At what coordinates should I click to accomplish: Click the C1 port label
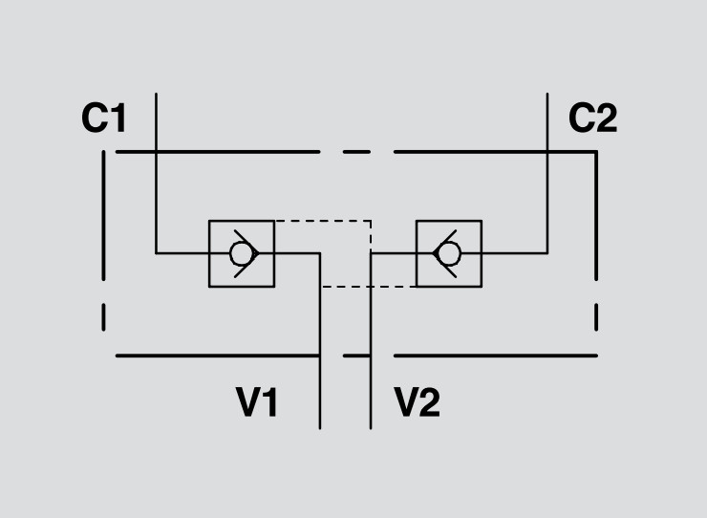coord(104,119)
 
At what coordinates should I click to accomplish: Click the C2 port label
coord(592,119)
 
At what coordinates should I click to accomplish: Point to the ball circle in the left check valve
coord(239,253)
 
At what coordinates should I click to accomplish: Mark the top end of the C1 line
coord(156,94)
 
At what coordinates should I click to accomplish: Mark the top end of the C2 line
coord(547,94)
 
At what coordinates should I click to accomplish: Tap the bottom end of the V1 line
coord(320,427)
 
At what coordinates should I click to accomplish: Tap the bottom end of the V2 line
coord(371,427)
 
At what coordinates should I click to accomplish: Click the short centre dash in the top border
coord(355,152)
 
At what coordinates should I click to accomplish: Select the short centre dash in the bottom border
coord(356,356)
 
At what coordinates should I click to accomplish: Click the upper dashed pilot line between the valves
coord(322,221)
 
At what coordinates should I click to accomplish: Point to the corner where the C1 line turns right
coord(156,253)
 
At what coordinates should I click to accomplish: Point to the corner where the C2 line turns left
coord(547,253)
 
